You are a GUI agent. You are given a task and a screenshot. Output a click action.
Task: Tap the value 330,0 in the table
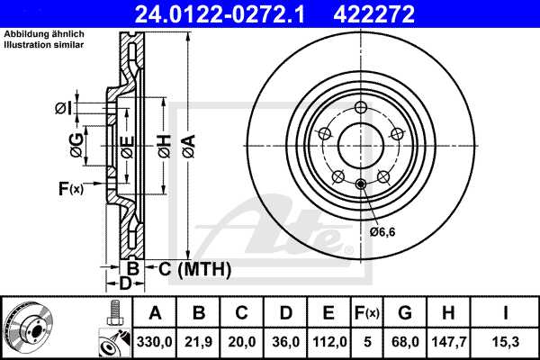pos(155,341)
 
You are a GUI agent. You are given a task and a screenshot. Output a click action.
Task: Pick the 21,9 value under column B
pos(199,341)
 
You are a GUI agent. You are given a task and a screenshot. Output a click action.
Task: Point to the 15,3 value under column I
pos(505,341)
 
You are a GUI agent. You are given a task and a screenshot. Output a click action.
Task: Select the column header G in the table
pos(403,312)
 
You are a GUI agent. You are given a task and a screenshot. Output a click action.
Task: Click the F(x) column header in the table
pos(364,312)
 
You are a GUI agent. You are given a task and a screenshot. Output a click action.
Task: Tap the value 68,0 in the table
pos(403,341)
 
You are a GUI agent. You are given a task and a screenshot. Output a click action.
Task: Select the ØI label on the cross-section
pos(62,109)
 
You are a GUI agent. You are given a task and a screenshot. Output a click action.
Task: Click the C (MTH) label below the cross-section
pos(194,269)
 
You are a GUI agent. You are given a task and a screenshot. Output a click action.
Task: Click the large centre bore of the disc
pos(361,144)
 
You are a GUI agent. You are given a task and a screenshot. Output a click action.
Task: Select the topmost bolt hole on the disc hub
pos(361,109)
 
